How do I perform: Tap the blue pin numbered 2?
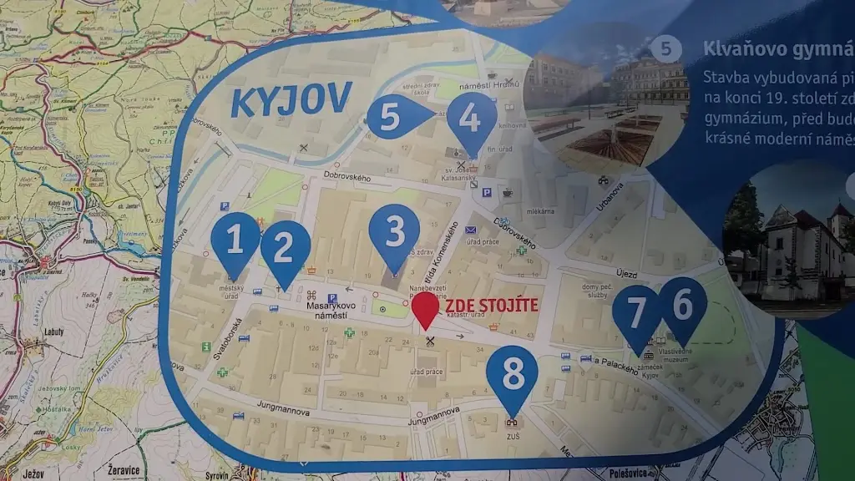pos(285,249)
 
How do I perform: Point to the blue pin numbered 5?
pos(392,116)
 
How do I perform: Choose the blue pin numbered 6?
pos(683,306)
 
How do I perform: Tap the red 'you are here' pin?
pos(426,309)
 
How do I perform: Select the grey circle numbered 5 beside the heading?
pos(665,48)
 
